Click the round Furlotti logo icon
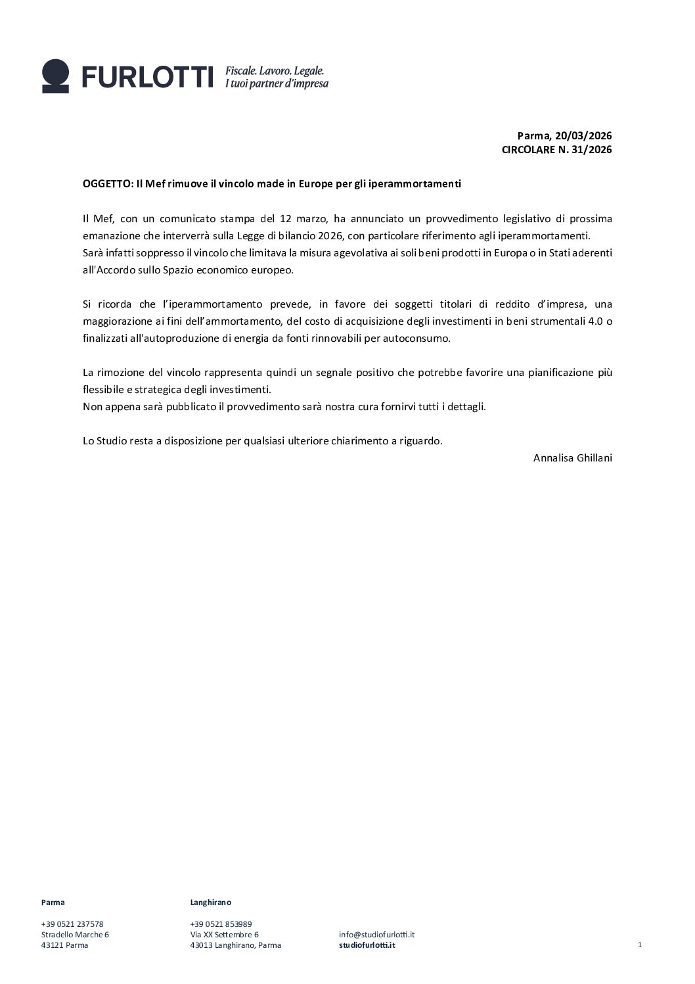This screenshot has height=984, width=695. pos(55,76)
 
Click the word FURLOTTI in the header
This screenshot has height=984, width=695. pos(148,77)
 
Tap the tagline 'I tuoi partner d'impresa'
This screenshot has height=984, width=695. pos(277,84)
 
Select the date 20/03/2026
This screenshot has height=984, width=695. pos(583,135)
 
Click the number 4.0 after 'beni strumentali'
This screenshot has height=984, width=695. pos(592,321)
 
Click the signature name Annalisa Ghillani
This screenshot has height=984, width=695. pos(572,457)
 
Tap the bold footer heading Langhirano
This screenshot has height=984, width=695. pos(210,902)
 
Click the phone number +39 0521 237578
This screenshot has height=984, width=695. pos(72,924)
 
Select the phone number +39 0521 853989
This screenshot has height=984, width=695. pos(221,924)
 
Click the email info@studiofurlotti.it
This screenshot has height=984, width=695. pos(376,934)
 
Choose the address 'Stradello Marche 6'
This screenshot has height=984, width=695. pos(75,934)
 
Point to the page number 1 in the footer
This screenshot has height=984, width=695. pos(639,945)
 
